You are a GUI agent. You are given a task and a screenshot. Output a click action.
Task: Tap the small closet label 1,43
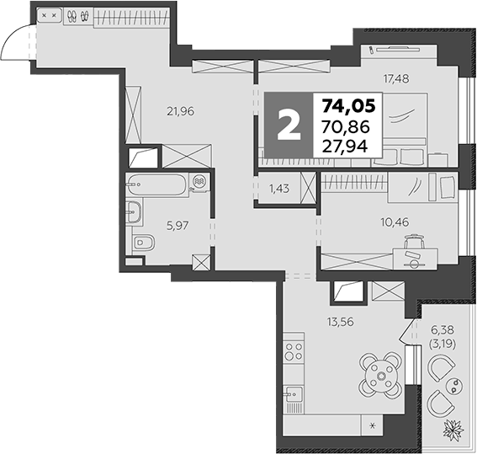[x=280, y=190]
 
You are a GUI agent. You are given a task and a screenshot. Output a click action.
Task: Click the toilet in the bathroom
[x=143, y=244]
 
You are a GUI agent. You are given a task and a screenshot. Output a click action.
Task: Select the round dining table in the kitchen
[x=383, y=374]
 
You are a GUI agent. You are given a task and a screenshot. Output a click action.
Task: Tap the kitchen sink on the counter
[x=294, y=395]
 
